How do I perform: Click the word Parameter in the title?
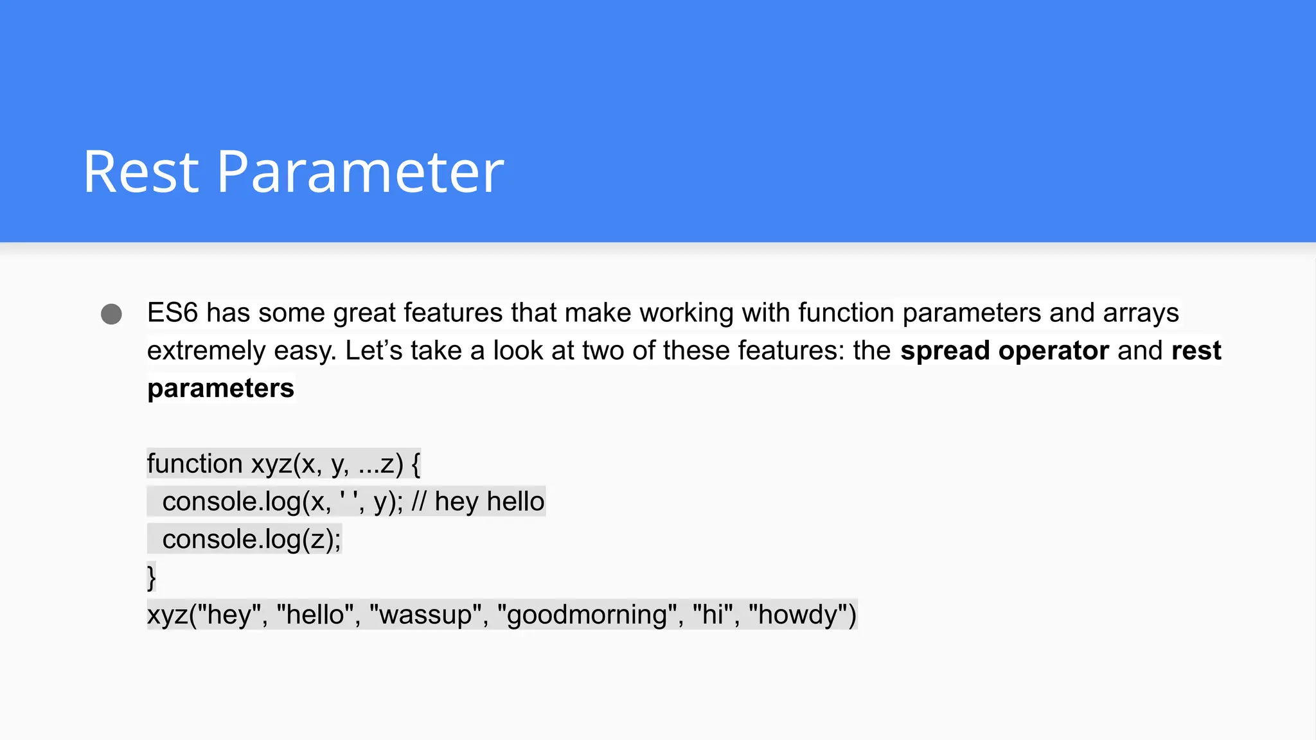360,172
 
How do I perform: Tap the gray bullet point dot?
111,314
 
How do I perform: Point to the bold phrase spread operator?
1004,351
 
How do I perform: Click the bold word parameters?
220,389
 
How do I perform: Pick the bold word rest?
1196,351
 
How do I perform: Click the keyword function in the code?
195,464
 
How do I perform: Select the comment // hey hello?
478,502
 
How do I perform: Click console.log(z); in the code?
251,540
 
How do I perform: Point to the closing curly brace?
152,577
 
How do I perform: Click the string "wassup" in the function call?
425,615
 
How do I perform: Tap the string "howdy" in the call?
797,615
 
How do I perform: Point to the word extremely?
206,351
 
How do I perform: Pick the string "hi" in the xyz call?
713,615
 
